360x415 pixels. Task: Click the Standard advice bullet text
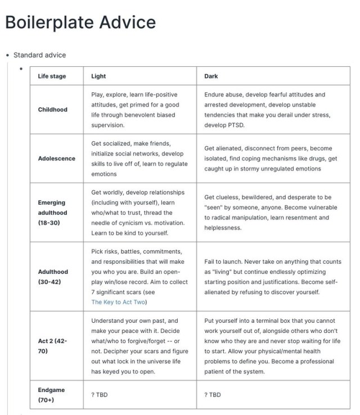click(39, 55)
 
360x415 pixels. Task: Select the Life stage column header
click(52, 76)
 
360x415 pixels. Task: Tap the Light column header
click(98, 76)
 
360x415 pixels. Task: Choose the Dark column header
click(211, 76)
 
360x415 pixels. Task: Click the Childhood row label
click(53, 110)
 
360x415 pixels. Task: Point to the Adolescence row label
click(57, 159)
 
